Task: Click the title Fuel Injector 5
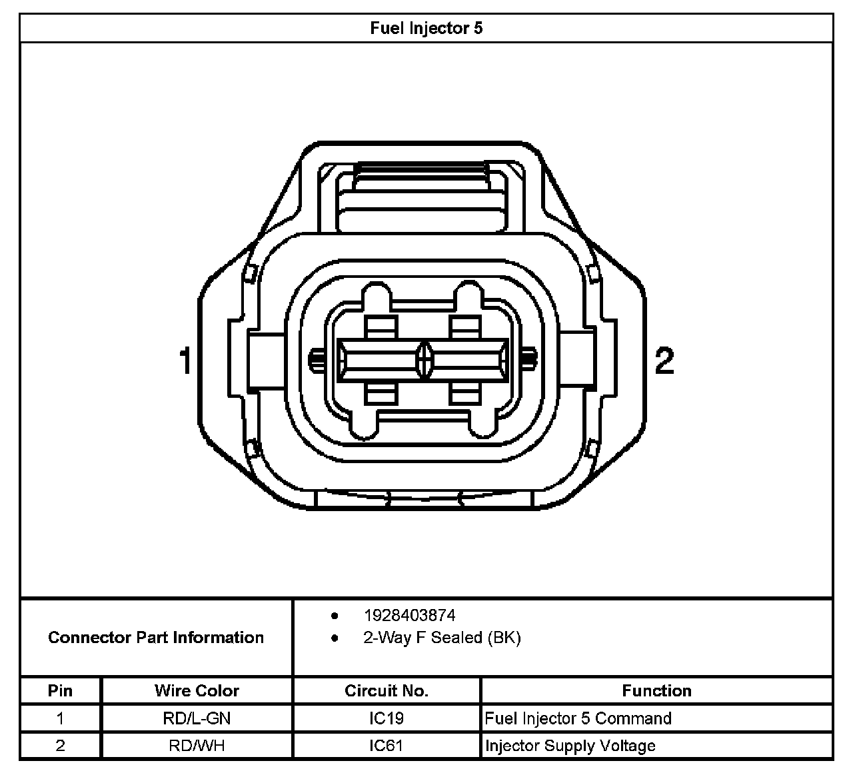click(x=426, y=28)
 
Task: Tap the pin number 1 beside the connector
click(x=186, y=361)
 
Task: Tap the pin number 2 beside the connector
click(x=664, y=361)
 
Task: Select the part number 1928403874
click(x=409, y=615)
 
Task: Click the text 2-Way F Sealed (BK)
click(x=441, y=638)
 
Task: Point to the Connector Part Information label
click(x=156, y=638)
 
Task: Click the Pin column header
click(x=60, y=690)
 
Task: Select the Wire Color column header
click(x=197, y=690)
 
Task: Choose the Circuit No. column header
click(x=387, y=690)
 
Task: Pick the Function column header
click(x=656, y=690)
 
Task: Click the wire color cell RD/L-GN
click(x=197, y=718)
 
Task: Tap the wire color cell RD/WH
click(x=197, y=746)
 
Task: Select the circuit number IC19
click(x=387, y=718)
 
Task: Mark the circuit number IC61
click(x=387, y=746)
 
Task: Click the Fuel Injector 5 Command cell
click(x=578, y=718)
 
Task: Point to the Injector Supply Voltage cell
click(x=570, y=746)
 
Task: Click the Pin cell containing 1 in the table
click(x=60, y=718)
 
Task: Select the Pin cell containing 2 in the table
click(x=60, y=746)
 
